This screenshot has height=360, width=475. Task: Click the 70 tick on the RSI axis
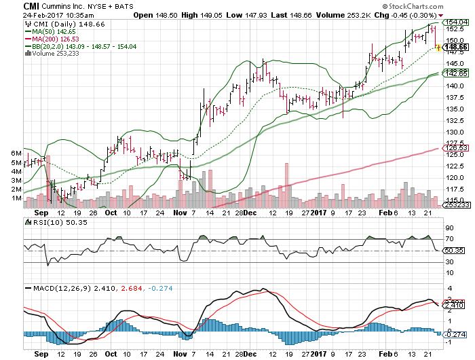click(449, 240)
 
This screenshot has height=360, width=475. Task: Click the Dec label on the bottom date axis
click(249, 354)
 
